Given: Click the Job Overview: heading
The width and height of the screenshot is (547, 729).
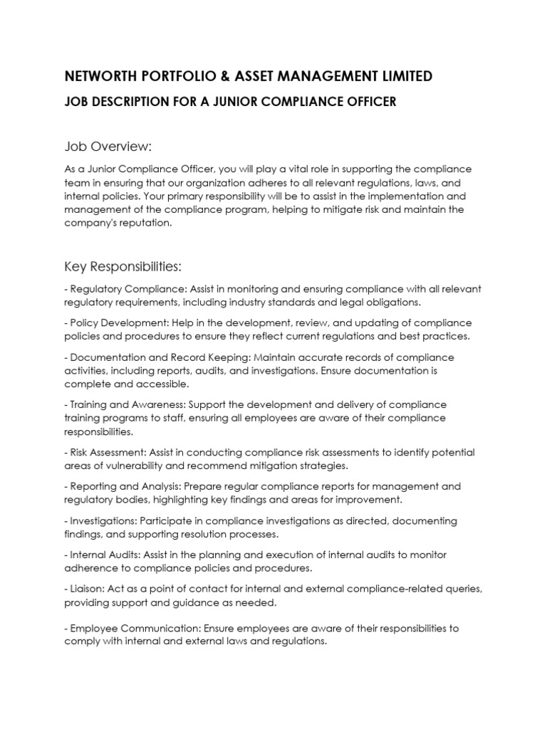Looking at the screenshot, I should pyautogui.click(x=108, y=147).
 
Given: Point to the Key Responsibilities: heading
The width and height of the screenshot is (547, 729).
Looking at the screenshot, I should pyautogui.click(x=123, y=266).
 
